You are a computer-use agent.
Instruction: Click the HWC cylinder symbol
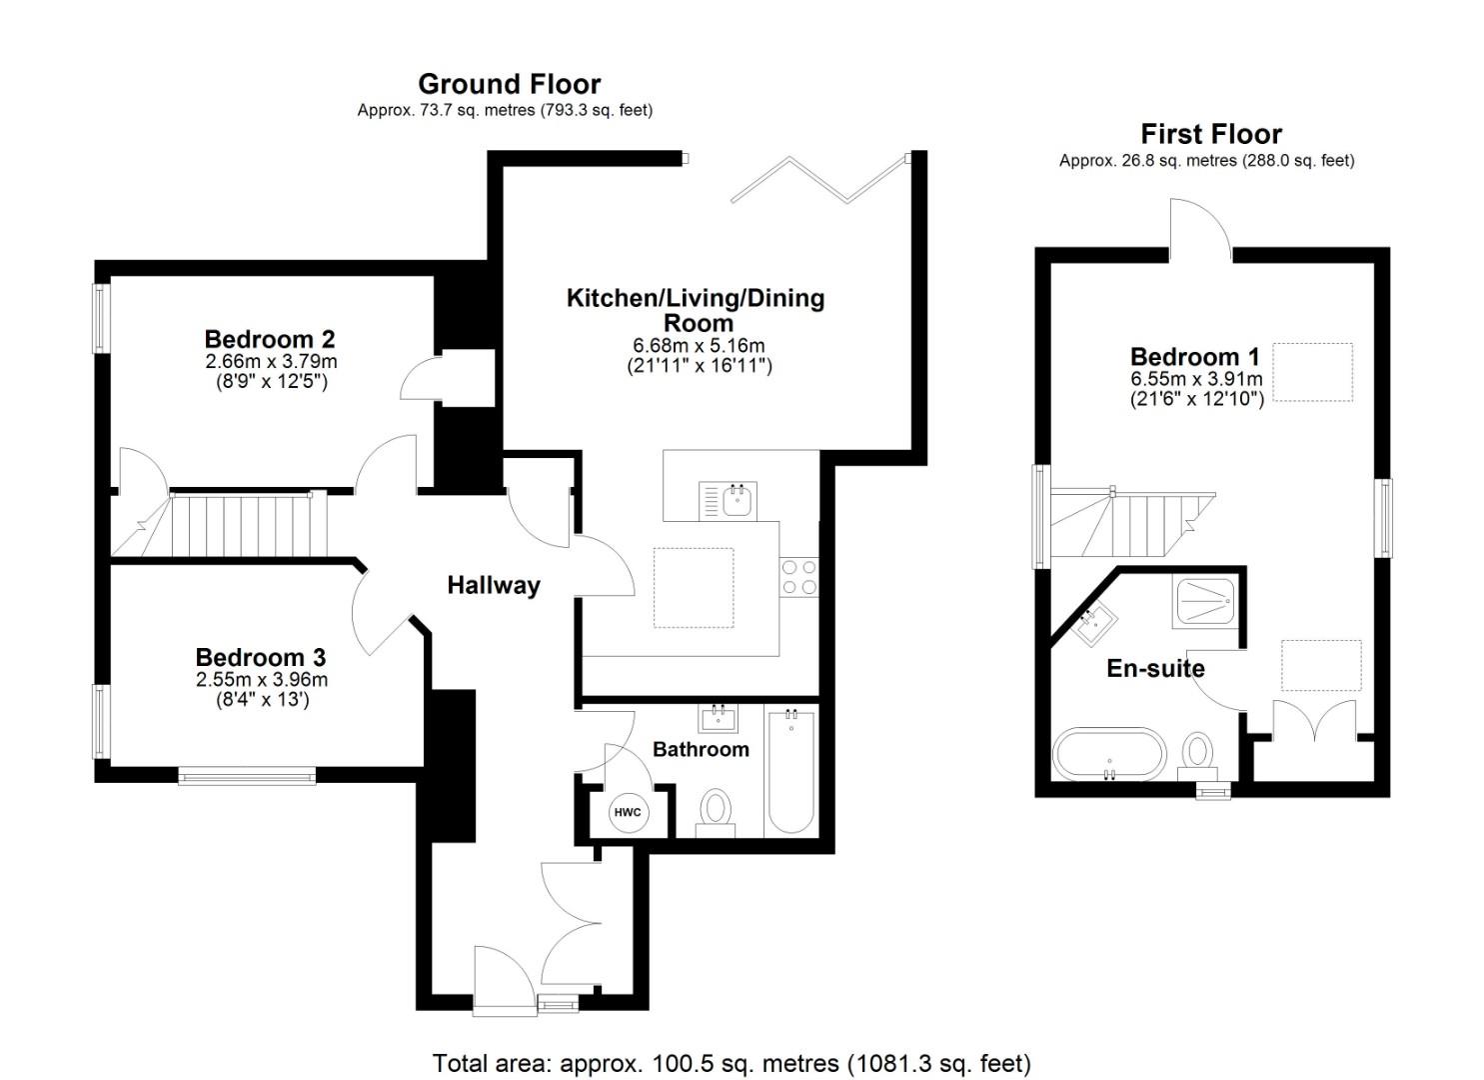pyautogui.click(x=628, y=812)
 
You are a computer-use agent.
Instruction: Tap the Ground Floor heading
pyautogui.click(x=509, y=84)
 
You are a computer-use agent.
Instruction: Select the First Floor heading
pyautogui.click(x=1210, y=134)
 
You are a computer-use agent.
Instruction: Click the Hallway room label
pyautogui.click(x=494, y=585)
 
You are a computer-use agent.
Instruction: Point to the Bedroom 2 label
pyautogui.click(x=269, y=339)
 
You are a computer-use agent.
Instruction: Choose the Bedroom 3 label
pyautogui.click(x=261, y=657)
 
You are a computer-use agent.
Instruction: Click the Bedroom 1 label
pyautogui.click(x=1194, y=357)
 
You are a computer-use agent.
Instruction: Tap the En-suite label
pyautogui.click(x=1155, y=668)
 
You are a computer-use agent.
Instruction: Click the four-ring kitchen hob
pyautogui.click(x=798, y=577)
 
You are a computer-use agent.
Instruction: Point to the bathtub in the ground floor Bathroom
pyautogui.click(x=791, y=771)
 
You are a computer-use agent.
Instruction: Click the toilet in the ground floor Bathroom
pyautogui.click(x=715, y=809)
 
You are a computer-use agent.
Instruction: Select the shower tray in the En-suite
pyautogui.click(x=1204, y=602)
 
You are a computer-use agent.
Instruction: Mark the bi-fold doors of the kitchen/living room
pyautogui.click(x=819, y=180)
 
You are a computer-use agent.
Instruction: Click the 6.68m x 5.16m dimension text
pyautogui.click(x=699, y=345)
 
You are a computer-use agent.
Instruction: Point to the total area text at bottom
pyautogui.click(x=731, y=1063)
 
